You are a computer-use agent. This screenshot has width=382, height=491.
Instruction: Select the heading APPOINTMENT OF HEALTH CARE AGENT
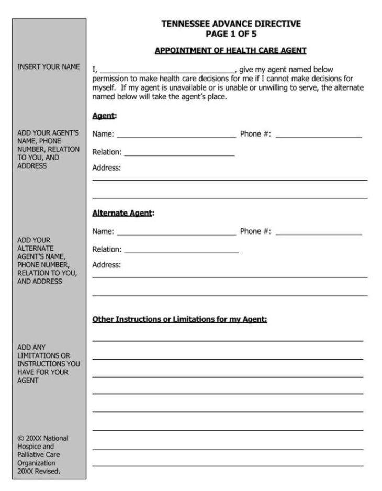point(230,50)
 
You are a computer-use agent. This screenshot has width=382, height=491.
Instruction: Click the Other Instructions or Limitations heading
point(179,319)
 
